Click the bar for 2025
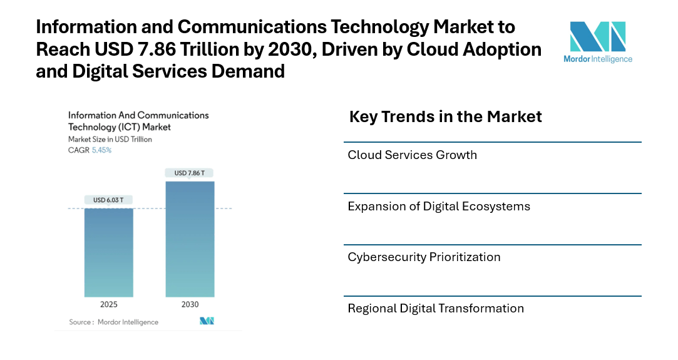(108, 252)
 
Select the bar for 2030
(190, 239)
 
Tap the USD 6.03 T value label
(108, 200)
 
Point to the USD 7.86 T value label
(190, 173)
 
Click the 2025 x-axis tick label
(108, 304)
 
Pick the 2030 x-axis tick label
(190, 304)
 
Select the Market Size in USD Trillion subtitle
(110, 139)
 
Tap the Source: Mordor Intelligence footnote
(114, 322)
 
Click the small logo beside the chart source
(207, 321)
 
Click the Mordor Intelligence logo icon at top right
(597, 37)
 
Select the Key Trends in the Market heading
(445, 116)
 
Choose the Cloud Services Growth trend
(413, 155)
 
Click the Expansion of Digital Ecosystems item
(439, 206)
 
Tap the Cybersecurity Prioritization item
(424, 257)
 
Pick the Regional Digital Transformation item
(436, 308)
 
